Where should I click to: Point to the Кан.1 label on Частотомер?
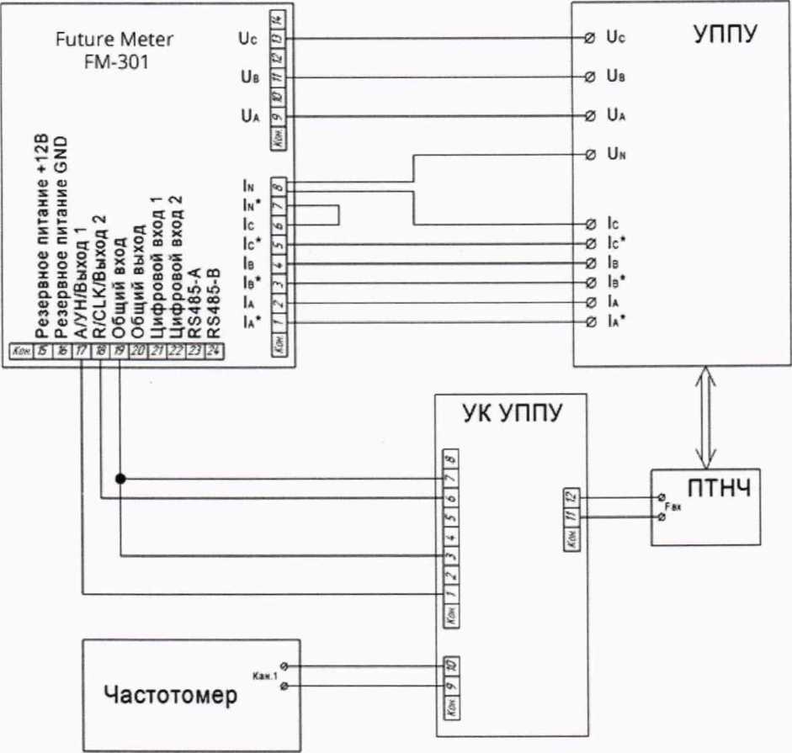265,675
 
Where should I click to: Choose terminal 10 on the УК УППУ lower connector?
451,666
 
